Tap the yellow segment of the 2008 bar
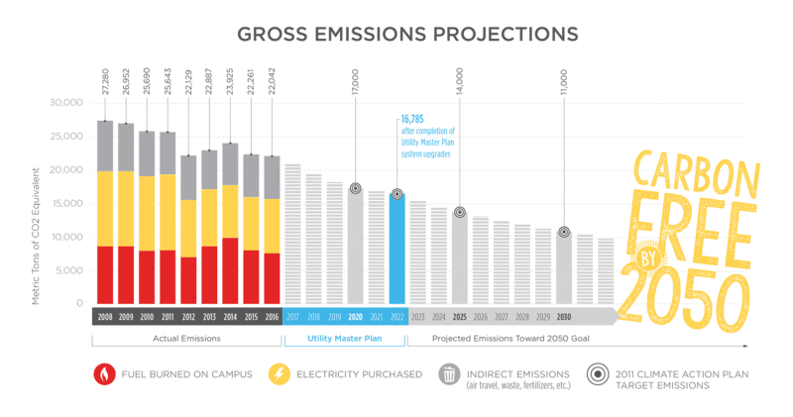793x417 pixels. pos(105,208)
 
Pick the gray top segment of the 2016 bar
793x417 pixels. pos(272,177)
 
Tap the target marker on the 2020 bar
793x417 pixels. pos(355,188)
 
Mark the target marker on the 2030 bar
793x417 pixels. pos(564,232)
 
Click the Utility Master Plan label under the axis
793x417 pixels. pos(344,339)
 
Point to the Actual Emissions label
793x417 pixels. pos(187,339)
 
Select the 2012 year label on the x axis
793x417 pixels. pos(188,316)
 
